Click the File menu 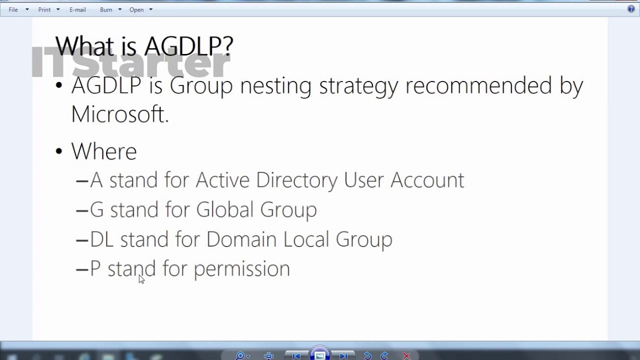13,9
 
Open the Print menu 44,9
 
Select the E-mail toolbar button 77,9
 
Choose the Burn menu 106,9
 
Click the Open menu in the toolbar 136,9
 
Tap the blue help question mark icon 631,9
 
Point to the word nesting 276,85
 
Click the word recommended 478,85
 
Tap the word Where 104,151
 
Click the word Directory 296,180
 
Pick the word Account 427,180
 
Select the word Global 224,209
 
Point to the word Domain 241,239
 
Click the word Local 306,239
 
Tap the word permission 241,269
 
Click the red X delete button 406,355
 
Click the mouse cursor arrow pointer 141,279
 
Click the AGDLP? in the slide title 188,46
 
